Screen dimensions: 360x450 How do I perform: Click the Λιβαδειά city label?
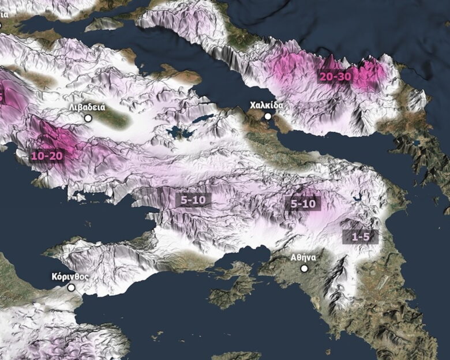(x=87, y=107)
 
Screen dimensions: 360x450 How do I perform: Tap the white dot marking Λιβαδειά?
(x=88, y=118)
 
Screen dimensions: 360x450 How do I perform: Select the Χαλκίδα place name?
(x=266, y=106)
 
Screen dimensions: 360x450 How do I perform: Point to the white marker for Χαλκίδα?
(x=268, y=117)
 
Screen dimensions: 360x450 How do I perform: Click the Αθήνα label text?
(x=302, y=258)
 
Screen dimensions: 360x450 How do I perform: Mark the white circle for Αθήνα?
(x=304, y=268)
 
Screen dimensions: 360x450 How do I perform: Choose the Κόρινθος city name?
(x=69, y=276)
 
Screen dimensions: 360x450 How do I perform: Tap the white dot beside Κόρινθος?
(x=71, y=287)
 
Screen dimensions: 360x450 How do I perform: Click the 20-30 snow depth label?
(x=335, y=76)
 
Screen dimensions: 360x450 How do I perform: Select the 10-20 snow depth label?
(x=47, y=156)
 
